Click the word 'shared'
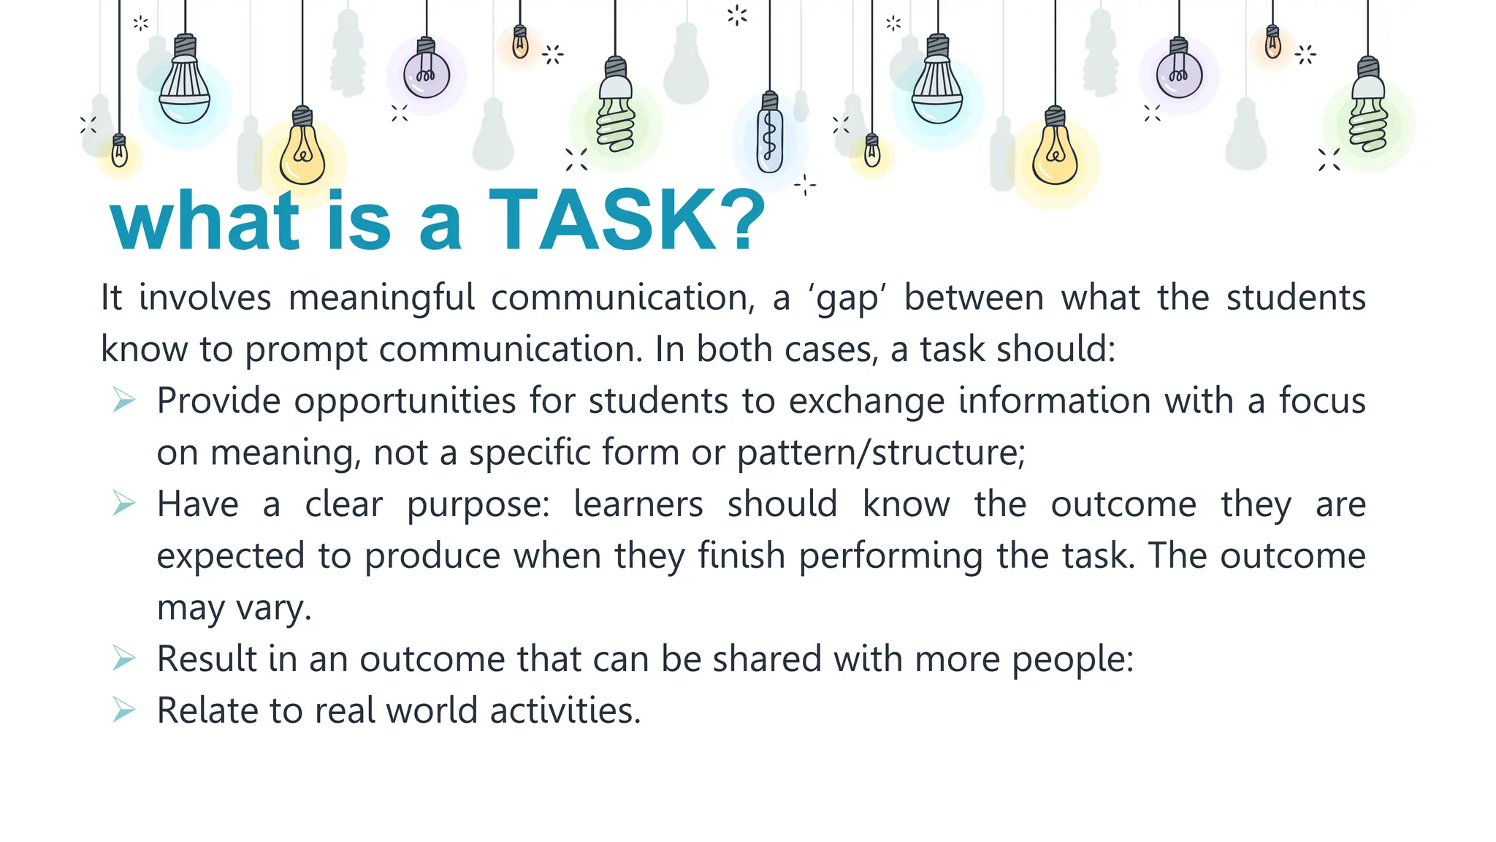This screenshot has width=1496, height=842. (767, 659)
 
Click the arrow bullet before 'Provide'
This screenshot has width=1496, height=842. (124, 401)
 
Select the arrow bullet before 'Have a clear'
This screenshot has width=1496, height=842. (124, 504)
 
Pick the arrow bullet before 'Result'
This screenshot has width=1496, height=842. (124, 659)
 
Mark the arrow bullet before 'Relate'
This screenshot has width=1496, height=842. (124, 710)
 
